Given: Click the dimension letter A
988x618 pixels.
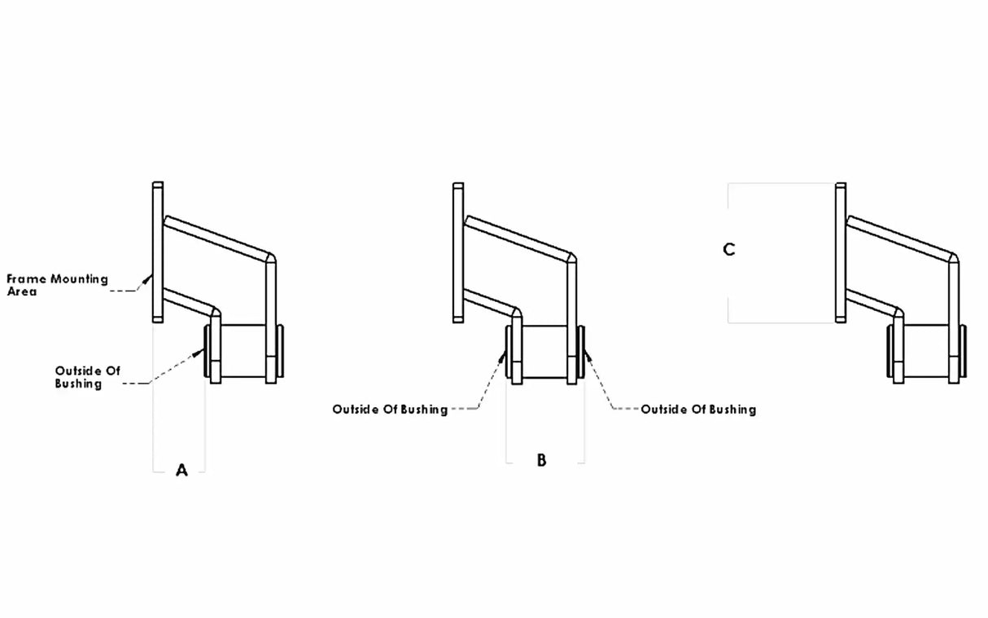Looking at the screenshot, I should [x=181, y=470].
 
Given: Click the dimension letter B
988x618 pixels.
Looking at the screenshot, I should [x=541, y=460].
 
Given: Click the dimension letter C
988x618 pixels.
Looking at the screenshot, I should [x=729, y=250].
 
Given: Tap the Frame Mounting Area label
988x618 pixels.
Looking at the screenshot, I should [x=57, y=285].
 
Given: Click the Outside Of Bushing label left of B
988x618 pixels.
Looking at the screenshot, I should [x=390, y=410].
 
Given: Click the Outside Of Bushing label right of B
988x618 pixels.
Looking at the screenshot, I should [x=698, y=410].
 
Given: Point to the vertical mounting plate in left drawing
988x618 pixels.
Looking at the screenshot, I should [x=158, y=252].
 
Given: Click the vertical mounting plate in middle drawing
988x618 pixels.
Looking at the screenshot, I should [x=458, y=252].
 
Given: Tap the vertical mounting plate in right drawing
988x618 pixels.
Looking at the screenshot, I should [x=842, y=252].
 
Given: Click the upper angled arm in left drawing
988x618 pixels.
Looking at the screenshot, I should [x=220, y=236].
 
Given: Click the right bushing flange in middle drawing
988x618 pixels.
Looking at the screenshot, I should [x=581, y=352].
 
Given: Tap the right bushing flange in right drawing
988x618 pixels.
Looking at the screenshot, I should [x=964, y=352].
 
